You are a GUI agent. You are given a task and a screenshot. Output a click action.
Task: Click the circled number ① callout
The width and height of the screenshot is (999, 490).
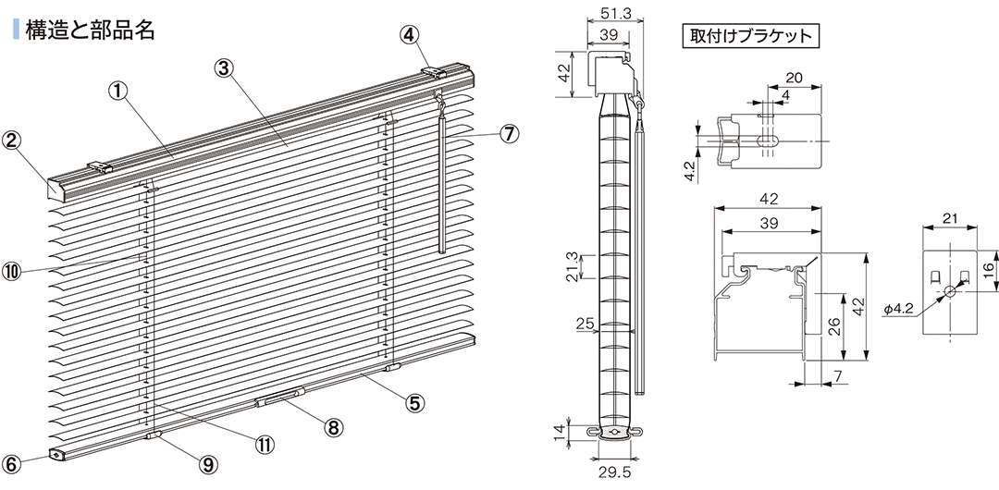[117, 92]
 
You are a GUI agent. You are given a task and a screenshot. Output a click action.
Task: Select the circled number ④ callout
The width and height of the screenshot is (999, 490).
[411, 35]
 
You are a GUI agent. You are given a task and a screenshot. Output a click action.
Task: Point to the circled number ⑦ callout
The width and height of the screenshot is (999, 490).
[509, 134]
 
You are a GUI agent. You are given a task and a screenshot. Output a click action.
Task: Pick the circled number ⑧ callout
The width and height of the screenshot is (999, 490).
[333, 427]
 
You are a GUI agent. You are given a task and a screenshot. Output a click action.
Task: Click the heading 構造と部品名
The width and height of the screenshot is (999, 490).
[90, 30]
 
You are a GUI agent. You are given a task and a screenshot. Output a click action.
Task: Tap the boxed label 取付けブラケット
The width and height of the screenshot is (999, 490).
[749, 35]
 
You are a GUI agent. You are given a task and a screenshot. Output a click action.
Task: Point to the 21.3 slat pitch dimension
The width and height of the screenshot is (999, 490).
[573, 266]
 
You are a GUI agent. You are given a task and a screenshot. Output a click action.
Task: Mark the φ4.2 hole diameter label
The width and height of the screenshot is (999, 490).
[898, 309]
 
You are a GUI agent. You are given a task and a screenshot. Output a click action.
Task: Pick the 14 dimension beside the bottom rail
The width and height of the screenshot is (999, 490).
[560, 432]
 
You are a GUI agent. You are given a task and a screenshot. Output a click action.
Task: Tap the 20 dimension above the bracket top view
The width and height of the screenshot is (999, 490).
[794, 79]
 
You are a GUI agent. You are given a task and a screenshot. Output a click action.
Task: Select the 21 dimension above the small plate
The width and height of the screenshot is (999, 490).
[950, 219]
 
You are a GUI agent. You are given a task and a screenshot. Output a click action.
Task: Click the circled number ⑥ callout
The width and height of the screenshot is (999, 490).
[13, 463]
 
